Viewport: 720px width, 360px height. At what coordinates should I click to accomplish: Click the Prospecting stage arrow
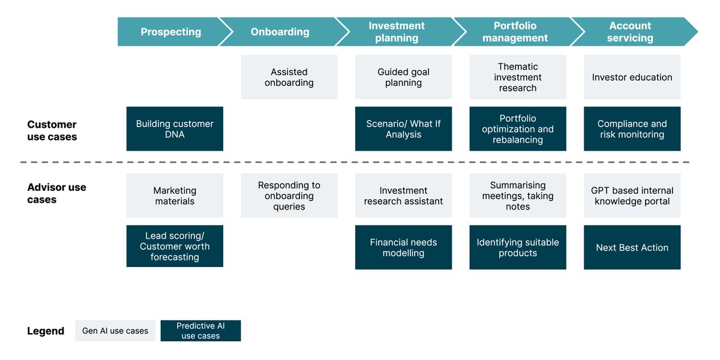pos(171,32)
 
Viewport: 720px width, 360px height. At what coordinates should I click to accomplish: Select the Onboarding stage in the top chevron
pos(280,32)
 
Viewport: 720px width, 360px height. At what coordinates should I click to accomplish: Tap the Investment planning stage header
pos(397,32)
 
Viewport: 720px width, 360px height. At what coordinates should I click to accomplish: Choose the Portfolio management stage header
pos(515,32)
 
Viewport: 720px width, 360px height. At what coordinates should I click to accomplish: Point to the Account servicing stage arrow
pos(630,32)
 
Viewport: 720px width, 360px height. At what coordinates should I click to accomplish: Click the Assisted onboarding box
pos(289,77)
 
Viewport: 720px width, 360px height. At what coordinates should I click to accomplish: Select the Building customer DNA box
pos(175,129)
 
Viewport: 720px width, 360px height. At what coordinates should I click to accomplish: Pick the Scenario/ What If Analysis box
pos(403,129)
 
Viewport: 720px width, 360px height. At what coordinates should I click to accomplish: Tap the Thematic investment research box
pos(518,77)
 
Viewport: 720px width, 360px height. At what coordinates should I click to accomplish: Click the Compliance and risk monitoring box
pos(632,129)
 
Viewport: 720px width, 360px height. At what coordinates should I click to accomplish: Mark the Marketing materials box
pos(175,196)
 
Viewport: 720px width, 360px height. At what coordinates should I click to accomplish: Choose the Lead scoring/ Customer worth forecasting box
pos(175,246)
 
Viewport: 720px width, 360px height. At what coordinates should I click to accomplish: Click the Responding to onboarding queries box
pos(289,196)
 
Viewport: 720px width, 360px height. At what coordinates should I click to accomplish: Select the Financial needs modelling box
pos(403,247)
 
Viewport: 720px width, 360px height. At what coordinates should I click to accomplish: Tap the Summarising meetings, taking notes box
pos(518,196)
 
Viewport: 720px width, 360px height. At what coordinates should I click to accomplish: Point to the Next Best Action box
pos(632,247)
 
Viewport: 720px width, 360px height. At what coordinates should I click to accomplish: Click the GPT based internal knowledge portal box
pos(632,196)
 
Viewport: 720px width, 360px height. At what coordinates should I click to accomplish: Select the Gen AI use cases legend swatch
pos(115,331)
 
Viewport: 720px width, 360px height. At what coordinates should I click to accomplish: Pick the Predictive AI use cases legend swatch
pos(200,331)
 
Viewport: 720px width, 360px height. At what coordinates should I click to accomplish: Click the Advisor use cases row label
pos(56,193)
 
